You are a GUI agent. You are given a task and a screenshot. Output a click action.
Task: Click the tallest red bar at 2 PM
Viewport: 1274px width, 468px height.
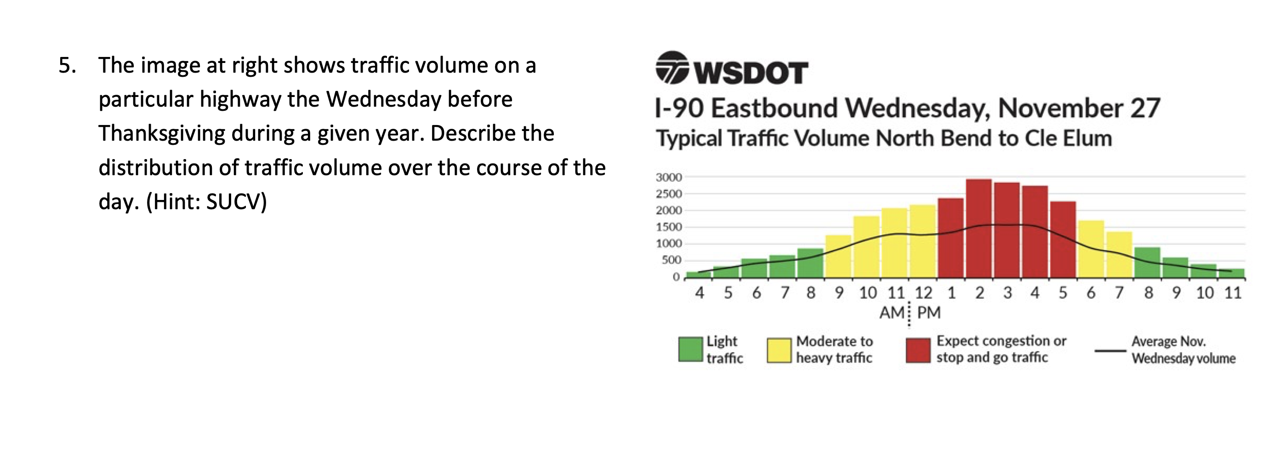point(979,228)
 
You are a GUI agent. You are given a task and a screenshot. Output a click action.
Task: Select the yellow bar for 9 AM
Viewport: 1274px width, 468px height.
point(838,256)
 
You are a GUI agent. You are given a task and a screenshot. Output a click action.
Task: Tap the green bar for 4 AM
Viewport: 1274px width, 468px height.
point(698,274)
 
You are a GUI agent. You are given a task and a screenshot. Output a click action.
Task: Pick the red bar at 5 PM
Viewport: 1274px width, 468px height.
point(1063,240)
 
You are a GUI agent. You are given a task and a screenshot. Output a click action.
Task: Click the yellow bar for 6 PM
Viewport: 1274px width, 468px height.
point(1091,249)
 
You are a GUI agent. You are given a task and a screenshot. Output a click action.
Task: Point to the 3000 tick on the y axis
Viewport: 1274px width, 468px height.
point(669,177)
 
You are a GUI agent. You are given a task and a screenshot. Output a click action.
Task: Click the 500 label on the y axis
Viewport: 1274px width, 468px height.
point(671,260)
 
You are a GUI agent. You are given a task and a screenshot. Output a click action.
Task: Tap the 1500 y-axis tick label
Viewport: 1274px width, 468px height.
point(669,227)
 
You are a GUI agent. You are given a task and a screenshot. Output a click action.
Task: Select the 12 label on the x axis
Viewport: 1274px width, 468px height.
point(923,293)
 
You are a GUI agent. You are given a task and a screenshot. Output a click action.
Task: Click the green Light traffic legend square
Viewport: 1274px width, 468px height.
point(690,349)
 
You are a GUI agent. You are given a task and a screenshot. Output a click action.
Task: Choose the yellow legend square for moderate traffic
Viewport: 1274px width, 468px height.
point(779,350)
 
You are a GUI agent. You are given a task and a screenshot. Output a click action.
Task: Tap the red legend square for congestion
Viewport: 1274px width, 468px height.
point(918,350)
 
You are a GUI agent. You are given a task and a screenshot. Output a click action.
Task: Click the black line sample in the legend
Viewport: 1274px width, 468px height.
point(1110,351)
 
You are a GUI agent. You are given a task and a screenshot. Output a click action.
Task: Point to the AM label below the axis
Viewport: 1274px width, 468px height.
point(891,313)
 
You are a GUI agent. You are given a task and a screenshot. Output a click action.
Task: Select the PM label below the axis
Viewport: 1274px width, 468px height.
point(928,313)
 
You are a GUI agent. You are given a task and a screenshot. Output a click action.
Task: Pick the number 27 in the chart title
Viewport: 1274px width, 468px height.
point(1145,108)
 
